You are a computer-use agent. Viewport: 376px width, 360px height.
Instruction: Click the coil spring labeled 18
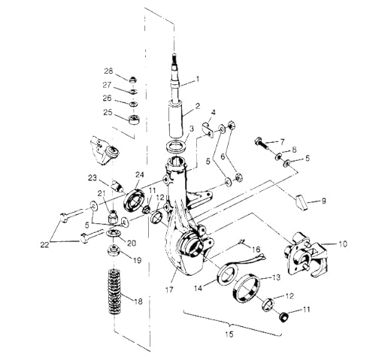point(114,292)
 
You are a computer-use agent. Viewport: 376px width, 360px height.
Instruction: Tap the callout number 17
point(169,289)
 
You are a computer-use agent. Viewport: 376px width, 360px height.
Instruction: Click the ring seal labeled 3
point(176,147)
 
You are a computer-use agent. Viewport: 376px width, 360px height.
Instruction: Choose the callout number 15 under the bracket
point(229,334)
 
